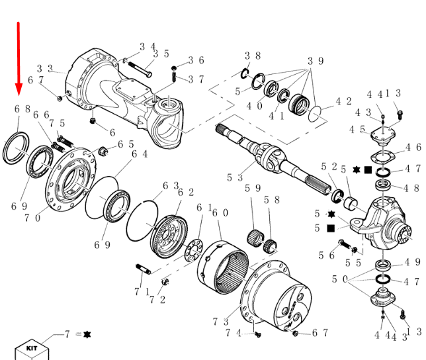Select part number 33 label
pos(44,68)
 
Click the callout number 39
pos(316,61)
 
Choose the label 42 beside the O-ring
pos(343,101)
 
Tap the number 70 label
pos(33,216)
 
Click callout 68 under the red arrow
pos(22,109)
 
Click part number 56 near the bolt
pos(326,255)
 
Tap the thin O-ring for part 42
pos(317,113)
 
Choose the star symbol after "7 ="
pos(86,335)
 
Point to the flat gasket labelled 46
pos(382,157)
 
